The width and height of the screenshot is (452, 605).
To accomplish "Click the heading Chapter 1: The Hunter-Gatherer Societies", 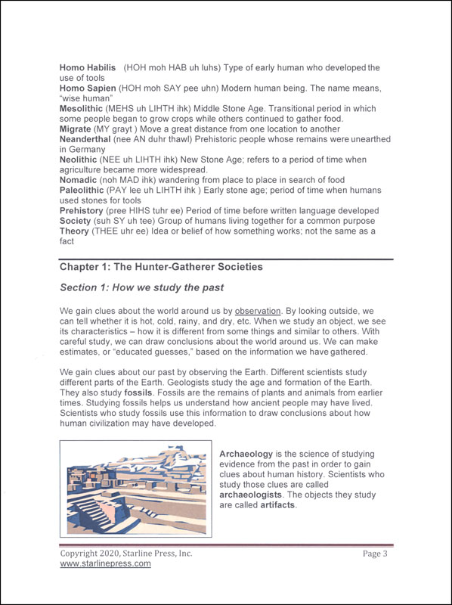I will [x=161, y=267].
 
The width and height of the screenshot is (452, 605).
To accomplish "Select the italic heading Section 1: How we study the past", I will [x=142, y=288].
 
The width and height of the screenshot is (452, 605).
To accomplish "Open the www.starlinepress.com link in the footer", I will [x=106, y=563].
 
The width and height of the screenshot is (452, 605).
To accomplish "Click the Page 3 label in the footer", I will [x=375, y=554].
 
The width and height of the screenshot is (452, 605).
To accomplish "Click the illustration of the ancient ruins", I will [x=137, y=489].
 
